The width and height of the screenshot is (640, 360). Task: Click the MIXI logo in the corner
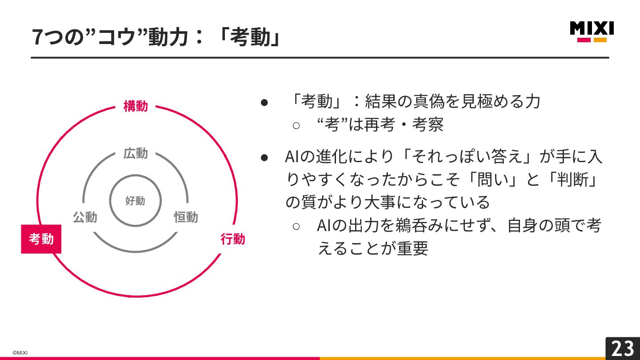pos(592,31)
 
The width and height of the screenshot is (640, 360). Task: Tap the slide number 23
pos(622,348)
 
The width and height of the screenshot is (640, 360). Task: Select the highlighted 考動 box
pos(41,239)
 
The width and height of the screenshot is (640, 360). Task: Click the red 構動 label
pos(136,107)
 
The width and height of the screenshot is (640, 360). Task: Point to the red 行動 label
pos(232,239)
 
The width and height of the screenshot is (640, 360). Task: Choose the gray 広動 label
pos(136,154)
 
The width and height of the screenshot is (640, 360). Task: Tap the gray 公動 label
pos(85,217)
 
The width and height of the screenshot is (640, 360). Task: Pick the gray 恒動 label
pos(186,217)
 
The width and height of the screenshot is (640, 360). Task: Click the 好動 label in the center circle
pos(135,201)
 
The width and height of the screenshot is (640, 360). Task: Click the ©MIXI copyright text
pos(20,353)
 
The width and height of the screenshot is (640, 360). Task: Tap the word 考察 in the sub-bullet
pos(428,125)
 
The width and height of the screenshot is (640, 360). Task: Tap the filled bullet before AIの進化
pos(264,157)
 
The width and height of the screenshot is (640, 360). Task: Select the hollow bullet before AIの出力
pos(296,226)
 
